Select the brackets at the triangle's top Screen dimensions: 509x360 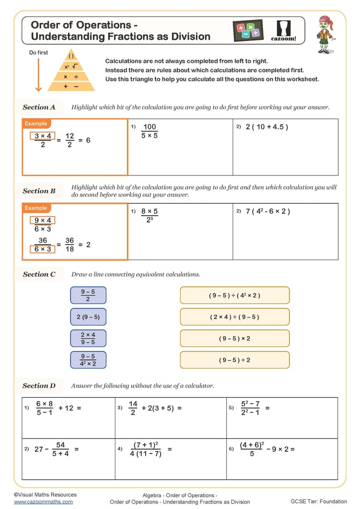tap(71, 56)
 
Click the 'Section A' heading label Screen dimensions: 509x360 tap(39, 107)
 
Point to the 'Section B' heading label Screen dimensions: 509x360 tap(39, 191)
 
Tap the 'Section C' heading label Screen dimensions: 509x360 tap(39, 274)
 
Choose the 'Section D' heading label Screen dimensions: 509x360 tap(39, 386)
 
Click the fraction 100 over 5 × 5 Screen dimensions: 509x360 tap(149, 131)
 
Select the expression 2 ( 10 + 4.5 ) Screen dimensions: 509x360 tap(267, 127)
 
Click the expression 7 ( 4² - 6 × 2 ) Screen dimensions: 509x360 tap(268, 211)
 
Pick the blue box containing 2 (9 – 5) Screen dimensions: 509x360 tap(88, 317)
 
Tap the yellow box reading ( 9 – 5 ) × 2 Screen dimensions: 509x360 tap(234, 339)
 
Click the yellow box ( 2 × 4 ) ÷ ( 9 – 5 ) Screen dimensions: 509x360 tap(234, 317)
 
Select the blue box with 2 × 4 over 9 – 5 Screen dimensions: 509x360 tap(88, 339)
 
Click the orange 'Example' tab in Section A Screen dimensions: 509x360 tap(36, 123)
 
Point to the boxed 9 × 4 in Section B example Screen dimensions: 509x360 tap(43, 221)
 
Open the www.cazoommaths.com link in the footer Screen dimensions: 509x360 tap(43, 502)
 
